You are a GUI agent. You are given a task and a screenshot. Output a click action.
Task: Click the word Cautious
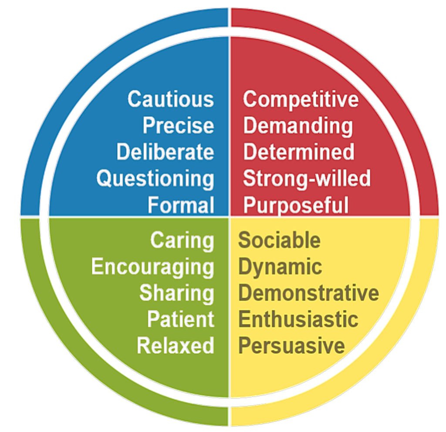[x=171, y=99]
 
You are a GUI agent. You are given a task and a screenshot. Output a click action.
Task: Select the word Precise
[x=178, y=125]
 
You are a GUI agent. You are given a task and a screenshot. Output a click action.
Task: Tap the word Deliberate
[x=165, y=152]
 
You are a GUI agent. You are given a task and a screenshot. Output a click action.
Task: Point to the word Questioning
[x=155, y=179]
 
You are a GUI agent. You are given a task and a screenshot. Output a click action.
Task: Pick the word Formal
[x=181, y=205]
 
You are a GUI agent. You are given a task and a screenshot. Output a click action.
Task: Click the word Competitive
[x=301, y=100]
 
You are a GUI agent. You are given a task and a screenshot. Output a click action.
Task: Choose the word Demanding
[x=298, y=126]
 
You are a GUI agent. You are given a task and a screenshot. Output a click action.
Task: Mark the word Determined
[x=299, y=152]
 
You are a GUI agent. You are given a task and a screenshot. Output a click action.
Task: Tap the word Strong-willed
[x=307, y=179]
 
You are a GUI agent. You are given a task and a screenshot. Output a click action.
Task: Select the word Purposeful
[x=296, y=206]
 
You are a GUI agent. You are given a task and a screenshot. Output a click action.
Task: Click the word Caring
[x=182, y=241]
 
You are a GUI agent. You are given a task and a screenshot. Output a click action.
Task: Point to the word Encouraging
[x=153, y=267]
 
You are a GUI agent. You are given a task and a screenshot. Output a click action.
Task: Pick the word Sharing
[x=177, y=294]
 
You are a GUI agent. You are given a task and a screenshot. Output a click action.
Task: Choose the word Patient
[x=181, y=319]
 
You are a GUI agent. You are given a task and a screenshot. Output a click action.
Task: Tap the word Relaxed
[x=176, y=346]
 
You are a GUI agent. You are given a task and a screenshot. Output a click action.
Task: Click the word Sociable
[x=279, y=240]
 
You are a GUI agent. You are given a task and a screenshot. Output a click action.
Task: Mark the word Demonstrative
[x=309, y=292]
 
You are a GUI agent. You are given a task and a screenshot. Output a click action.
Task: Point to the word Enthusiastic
[x=298, y=319]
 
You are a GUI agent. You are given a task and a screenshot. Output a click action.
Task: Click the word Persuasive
[x=291, y=346]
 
